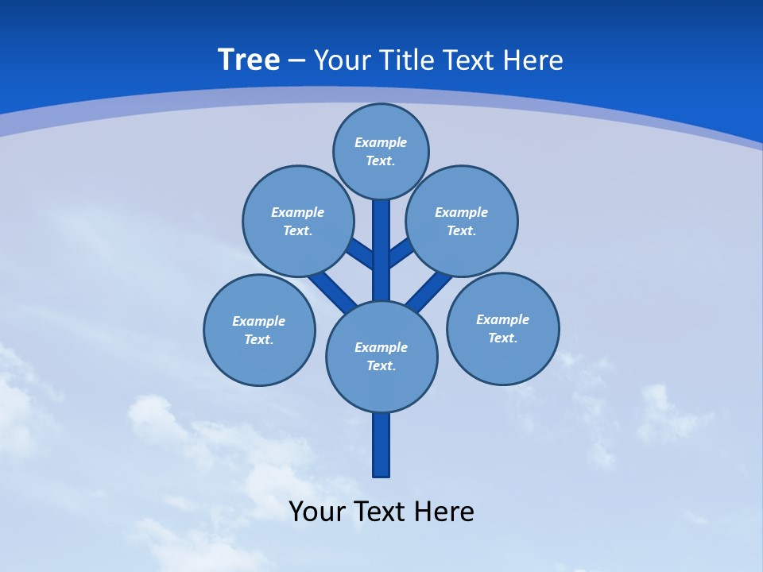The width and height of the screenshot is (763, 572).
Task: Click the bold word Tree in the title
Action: pyautogui.click(x=249, y=60)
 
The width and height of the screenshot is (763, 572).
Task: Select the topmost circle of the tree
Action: pyautogui.click(x=381, y=151)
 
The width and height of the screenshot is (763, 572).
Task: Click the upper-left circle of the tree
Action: pyautogui.click(x=297, y=221)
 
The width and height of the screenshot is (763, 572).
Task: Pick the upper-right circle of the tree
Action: pyautogui.click(x=462, y=221)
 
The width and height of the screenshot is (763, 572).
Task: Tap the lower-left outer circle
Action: pyautogui.click(x=259, y=330)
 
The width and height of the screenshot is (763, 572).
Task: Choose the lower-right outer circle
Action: pyautogui.click(x=502, y=328)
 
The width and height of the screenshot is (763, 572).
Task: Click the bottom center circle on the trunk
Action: pyautogui.click(x=381, y=356)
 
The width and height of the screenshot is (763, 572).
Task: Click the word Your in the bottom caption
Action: pyautogui.click(x=317, y=512)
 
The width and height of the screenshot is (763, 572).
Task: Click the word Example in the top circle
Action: pyautogui.click(x=381, y=143)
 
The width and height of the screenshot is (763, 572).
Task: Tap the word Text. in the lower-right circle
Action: pyautogui.click(x=502, y=338)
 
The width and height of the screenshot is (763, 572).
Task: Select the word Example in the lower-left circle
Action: pyautogui.click(x=258, y=322)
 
